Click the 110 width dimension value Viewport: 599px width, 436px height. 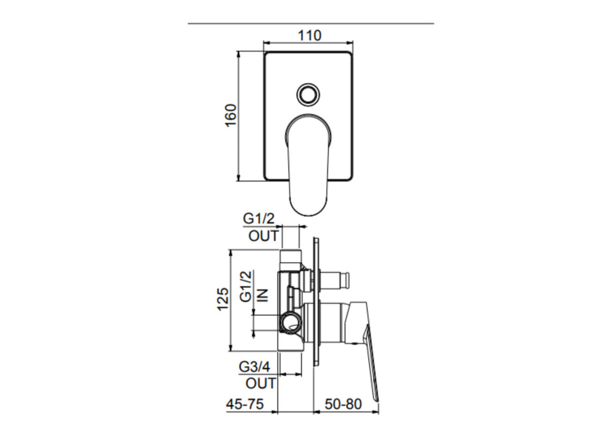(x=309, y=35)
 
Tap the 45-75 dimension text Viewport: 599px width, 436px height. (x=245, y=404)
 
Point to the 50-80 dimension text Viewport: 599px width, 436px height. (x=344, y=404)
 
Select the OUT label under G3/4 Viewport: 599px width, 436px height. (x=261, y=383)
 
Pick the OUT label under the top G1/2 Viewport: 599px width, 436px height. (x=264, y=236)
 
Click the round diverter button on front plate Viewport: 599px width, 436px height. (x=308, y=94)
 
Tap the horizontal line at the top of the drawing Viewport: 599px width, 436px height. (x=310, y=24)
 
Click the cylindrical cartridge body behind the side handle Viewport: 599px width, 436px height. (x=329, y=324)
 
